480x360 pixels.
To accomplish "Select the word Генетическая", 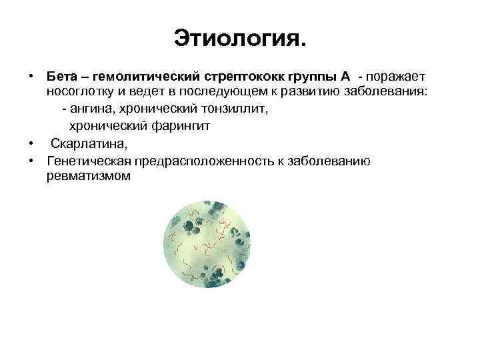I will [89, 161].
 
